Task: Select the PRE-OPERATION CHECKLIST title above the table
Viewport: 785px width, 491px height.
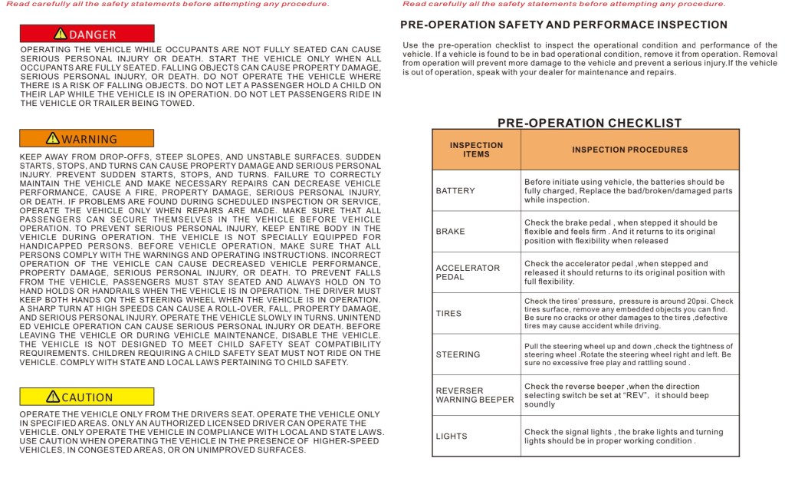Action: [x=590, y=123]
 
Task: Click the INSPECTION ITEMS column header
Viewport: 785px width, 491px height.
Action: [x=476, y=150]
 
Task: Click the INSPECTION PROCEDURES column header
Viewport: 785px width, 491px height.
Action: [x=628, y=150]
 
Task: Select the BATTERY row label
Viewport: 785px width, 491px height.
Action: [x=455, y=190]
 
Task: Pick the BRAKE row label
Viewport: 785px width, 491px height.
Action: [x=451, y=231]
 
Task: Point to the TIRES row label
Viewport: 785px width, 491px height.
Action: [x=450, y=313]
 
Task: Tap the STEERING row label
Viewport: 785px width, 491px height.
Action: [x=458, y=354]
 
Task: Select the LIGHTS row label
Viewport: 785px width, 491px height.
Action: [x=452, y=437]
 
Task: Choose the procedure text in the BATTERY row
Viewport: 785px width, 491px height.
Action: [x=628, y=190]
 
